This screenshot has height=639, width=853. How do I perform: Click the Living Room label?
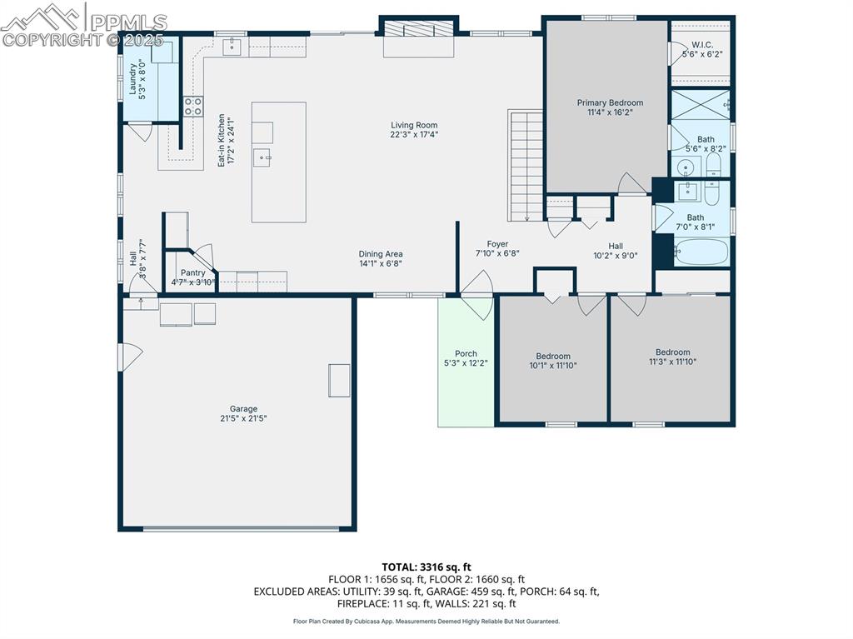pyautogui.click(x=414, y=126)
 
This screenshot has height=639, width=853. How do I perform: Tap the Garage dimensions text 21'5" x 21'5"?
pyautogui.click(x=243, y=418)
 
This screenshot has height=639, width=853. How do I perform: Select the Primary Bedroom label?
pyautogui.click(x=610, y=103)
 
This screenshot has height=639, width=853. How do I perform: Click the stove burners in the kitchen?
pyautogui.click(x=193, y=107)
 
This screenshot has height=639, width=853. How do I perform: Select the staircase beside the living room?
pyautogui.click(x=525, y=164)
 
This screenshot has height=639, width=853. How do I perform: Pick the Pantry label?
pyautogui.click(x=192, y=273)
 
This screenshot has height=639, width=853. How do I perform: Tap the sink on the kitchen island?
pyautogui.click(x=262, y=157)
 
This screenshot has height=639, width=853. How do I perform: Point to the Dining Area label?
pyautogui.click(x=381, y=254)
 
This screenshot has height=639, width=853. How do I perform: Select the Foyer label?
pyautogui.click(x=497, y=244)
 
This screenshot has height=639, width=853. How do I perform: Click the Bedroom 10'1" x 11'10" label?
pyautogui.click(x=553, y=357)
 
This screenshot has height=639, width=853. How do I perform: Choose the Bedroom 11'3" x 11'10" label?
pyautogui.click(x=672, y=352)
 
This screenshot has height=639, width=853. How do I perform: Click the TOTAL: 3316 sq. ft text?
pyautogui.click(x=426, y=567)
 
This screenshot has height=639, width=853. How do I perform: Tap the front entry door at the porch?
pyautogui.click(x=477, y=296)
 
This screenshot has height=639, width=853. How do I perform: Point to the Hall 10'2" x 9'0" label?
pyautogui.click(x=615, y=246)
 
